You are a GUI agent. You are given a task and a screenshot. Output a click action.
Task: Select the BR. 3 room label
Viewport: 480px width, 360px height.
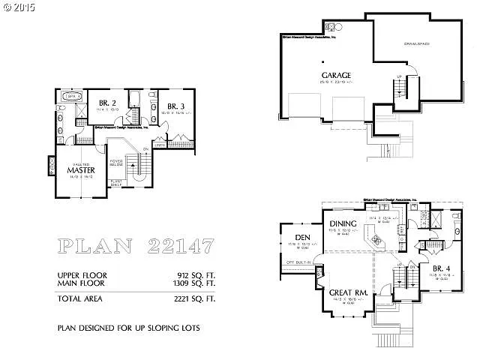coord(175,106)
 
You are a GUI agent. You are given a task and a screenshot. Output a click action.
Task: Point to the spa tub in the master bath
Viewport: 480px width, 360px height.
coord(73,97)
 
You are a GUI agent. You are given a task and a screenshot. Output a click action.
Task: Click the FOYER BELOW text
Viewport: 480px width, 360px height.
coord(117,163)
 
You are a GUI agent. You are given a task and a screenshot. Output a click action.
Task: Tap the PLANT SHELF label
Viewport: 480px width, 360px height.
coord(116,182)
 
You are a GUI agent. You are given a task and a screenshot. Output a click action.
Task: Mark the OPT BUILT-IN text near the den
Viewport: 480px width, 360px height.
coord(298,262)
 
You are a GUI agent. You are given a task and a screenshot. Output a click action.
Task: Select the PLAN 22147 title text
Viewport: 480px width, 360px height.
coord(136,246)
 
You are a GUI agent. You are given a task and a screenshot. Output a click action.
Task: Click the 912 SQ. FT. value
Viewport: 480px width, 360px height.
coord(193,276)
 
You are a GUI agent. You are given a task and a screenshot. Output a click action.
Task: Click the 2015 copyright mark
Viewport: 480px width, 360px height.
coord(18,7)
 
